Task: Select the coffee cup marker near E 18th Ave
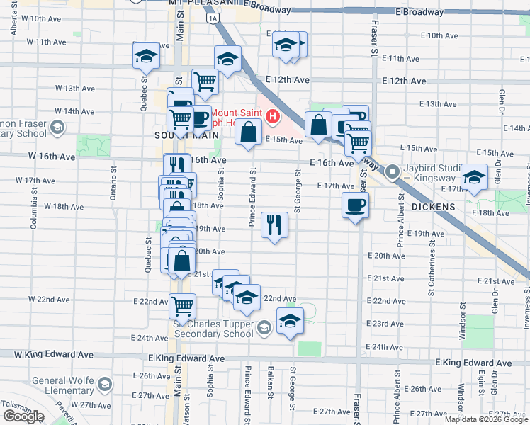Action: (x=355, y=205)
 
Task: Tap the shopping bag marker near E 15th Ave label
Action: (x=248, y=132)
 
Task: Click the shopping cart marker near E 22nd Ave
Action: (x=182, y=306)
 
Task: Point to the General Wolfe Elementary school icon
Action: (x=105, y=385)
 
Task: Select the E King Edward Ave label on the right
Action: (x=473, y=363)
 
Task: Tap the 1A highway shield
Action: (x=211, y=19)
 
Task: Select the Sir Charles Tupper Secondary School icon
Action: (x=264, y=327)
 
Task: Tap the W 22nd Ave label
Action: (x=54, y=300)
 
